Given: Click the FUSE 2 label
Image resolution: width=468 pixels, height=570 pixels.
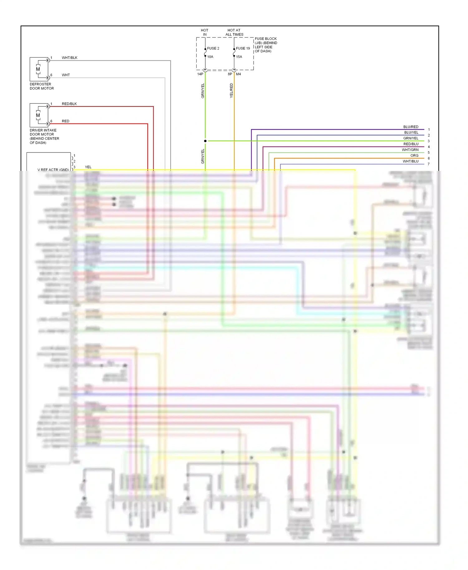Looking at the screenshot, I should click(x=213, y=48).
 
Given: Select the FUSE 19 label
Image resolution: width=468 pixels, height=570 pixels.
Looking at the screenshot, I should click(x=243, y=48).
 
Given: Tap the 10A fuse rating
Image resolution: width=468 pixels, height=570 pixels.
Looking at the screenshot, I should click(x=210, y=57).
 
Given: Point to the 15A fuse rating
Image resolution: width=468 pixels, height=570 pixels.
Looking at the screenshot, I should click(x=239, y=57).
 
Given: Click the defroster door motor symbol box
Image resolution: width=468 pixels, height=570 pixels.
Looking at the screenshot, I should click(x=39, y=69).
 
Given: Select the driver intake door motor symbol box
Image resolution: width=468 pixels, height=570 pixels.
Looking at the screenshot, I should click(x=39, y=115).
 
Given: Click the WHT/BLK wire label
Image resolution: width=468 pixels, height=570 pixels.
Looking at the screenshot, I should click(x=70, y=58).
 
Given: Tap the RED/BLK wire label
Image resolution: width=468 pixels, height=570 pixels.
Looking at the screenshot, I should click(x=69, y=104).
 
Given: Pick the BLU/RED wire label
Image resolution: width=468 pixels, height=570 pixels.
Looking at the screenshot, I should click(x=411, y=127).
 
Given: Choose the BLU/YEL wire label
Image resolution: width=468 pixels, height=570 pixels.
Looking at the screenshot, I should click(x=411, y=133).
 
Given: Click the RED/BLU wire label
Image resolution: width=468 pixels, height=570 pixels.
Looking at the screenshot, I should click(x=411, y=144).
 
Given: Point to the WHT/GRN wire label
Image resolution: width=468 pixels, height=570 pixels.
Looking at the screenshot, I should click(x=410, y=150).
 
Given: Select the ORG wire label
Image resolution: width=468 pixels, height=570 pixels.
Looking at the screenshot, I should click(x=414, y=156).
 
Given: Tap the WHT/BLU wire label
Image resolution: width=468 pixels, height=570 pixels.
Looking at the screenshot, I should click(x=410, y=161).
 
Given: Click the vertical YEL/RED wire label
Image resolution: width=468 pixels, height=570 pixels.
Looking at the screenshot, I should click(x=232, y=90).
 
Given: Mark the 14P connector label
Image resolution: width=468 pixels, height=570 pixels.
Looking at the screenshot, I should click(x=200, y=74).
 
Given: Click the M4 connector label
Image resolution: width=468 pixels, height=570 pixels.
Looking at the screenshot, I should click(x=238, y=74).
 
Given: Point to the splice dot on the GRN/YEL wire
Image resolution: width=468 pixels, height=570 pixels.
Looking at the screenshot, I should click(x=205, y=141).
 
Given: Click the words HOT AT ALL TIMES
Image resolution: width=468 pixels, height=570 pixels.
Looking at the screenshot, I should click(x=234, y=32).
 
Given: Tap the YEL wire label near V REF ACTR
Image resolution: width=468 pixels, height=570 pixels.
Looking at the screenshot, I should click(x=88, y=167).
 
